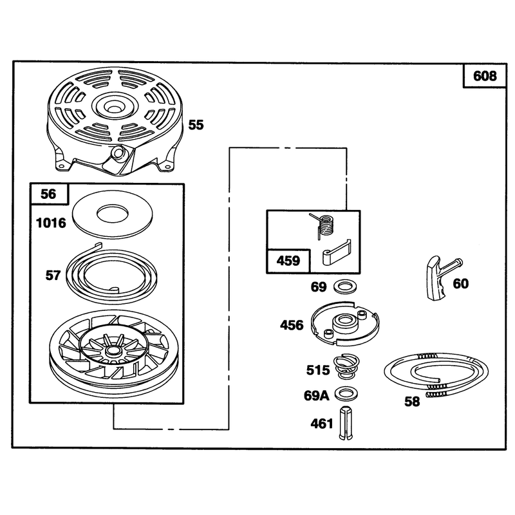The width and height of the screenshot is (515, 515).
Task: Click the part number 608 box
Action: point(485,76)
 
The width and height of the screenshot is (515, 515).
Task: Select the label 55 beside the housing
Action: point(196,125)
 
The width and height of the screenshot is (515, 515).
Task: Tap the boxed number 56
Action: point(49,194)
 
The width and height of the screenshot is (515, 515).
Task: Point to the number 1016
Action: point(51,223)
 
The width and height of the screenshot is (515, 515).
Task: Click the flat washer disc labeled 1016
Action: point(113,214)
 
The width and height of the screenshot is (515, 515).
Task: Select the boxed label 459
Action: point(288,261)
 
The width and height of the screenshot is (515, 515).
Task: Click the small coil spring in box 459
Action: point(324,225)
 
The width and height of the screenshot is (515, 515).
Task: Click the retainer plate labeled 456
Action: point(345,324)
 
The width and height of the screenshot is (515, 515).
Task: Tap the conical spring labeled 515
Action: point(346,367)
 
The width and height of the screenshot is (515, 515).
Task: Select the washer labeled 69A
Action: point(346,393)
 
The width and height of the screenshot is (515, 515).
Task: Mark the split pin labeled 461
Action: point(346,424)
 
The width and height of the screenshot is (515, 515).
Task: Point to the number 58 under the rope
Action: point(412,401)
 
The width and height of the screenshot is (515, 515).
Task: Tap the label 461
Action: point(321,424)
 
